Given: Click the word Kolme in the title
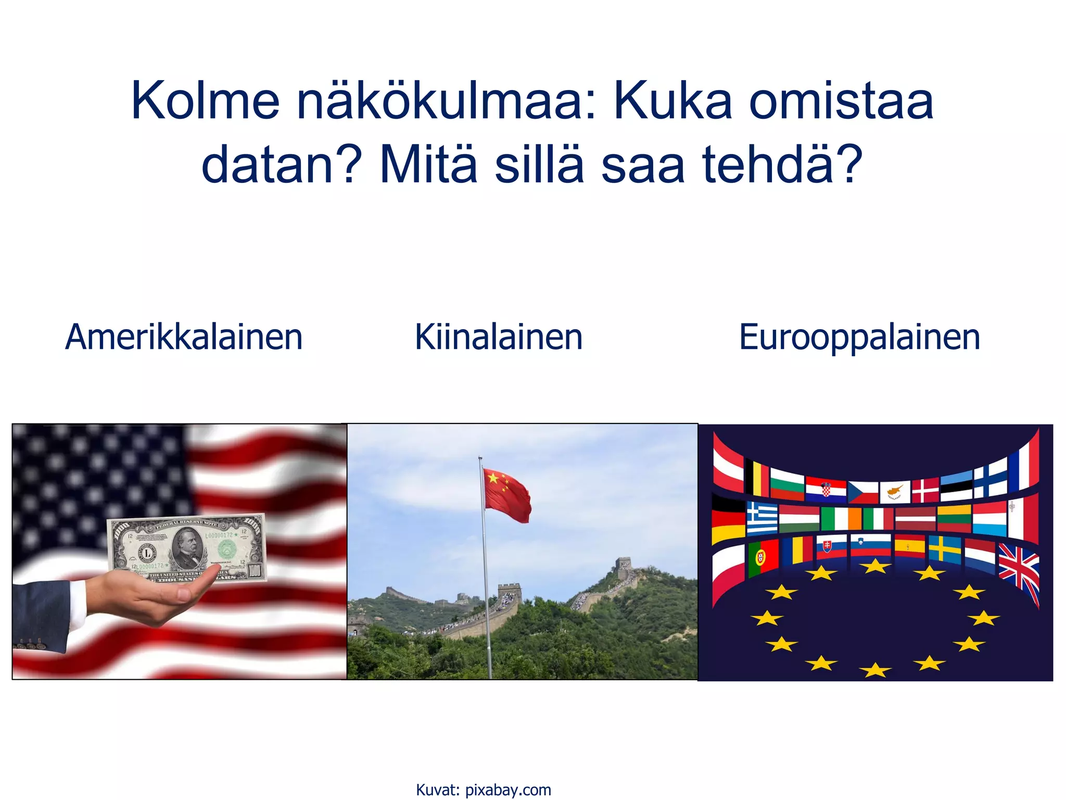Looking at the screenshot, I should click(x=205, y=101).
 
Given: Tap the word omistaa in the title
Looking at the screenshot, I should click(x=841, y=101).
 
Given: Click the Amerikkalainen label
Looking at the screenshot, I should click(x=184, y=337).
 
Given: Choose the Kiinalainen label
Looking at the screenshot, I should click(x=499, y=337).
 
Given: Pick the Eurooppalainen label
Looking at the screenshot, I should click(x=859, y=337).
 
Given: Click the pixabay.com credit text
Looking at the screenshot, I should click(x=507, y=790).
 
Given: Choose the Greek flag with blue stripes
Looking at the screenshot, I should click(x=762, y=518).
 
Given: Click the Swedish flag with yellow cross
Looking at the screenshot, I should click(x=945, y=549).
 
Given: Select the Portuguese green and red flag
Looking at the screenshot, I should click(x=763, y=558).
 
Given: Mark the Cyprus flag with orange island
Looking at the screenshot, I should click(x=895, y=491).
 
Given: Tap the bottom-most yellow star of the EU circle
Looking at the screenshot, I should click(x=875, y=670).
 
